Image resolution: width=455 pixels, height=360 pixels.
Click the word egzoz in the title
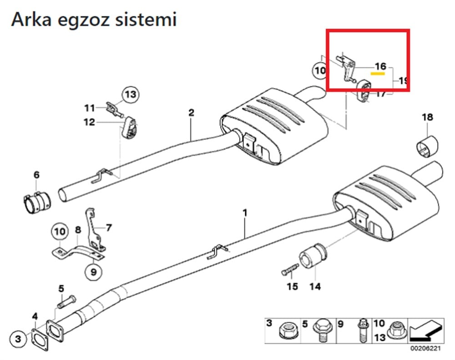pos(87,20)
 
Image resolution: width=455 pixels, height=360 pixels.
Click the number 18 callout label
pos(427,118)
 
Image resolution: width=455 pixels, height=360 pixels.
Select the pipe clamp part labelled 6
pos(37,200)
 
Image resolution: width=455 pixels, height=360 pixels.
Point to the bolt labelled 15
pos(288,271)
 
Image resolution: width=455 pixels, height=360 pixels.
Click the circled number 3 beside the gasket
pos(18,339)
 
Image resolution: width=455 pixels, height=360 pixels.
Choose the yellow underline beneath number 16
pos(378,72)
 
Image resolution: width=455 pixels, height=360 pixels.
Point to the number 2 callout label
pos(191,112)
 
